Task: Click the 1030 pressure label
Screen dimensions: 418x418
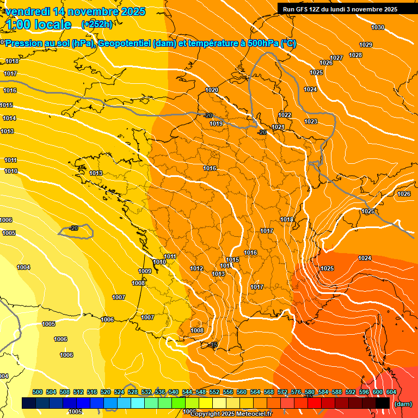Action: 377,27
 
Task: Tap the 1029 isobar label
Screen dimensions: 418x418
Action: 366,45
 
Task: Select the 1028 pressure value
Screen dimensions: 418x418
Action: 355,55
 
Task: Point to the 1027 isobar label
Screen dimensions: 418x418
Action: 336,58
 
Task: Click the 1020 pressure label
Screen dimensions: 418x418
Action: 212,90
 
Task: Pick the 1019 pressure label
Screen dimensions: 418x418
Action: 216,124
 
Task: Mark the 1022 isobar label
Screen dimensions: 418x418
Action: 285,115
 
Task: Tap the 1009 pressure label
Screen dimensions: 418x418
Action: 145,271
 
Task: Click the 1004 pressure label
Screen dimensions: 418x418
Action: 23,267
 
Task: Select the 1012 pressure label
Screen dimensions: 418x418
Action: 196,268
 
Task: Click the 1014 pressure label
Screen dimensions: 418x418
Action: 9,118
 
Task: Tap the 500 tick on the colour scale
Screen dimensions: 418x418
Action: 38,392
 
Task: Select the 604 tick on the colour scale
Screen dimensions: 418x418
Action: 391,392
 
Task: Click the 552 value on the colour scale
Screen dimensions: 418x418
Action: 214,392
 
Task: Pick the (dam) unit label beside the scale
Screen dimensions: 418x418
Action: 403,404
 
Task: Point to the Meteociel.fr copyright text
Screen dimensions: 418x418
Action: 251,414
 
